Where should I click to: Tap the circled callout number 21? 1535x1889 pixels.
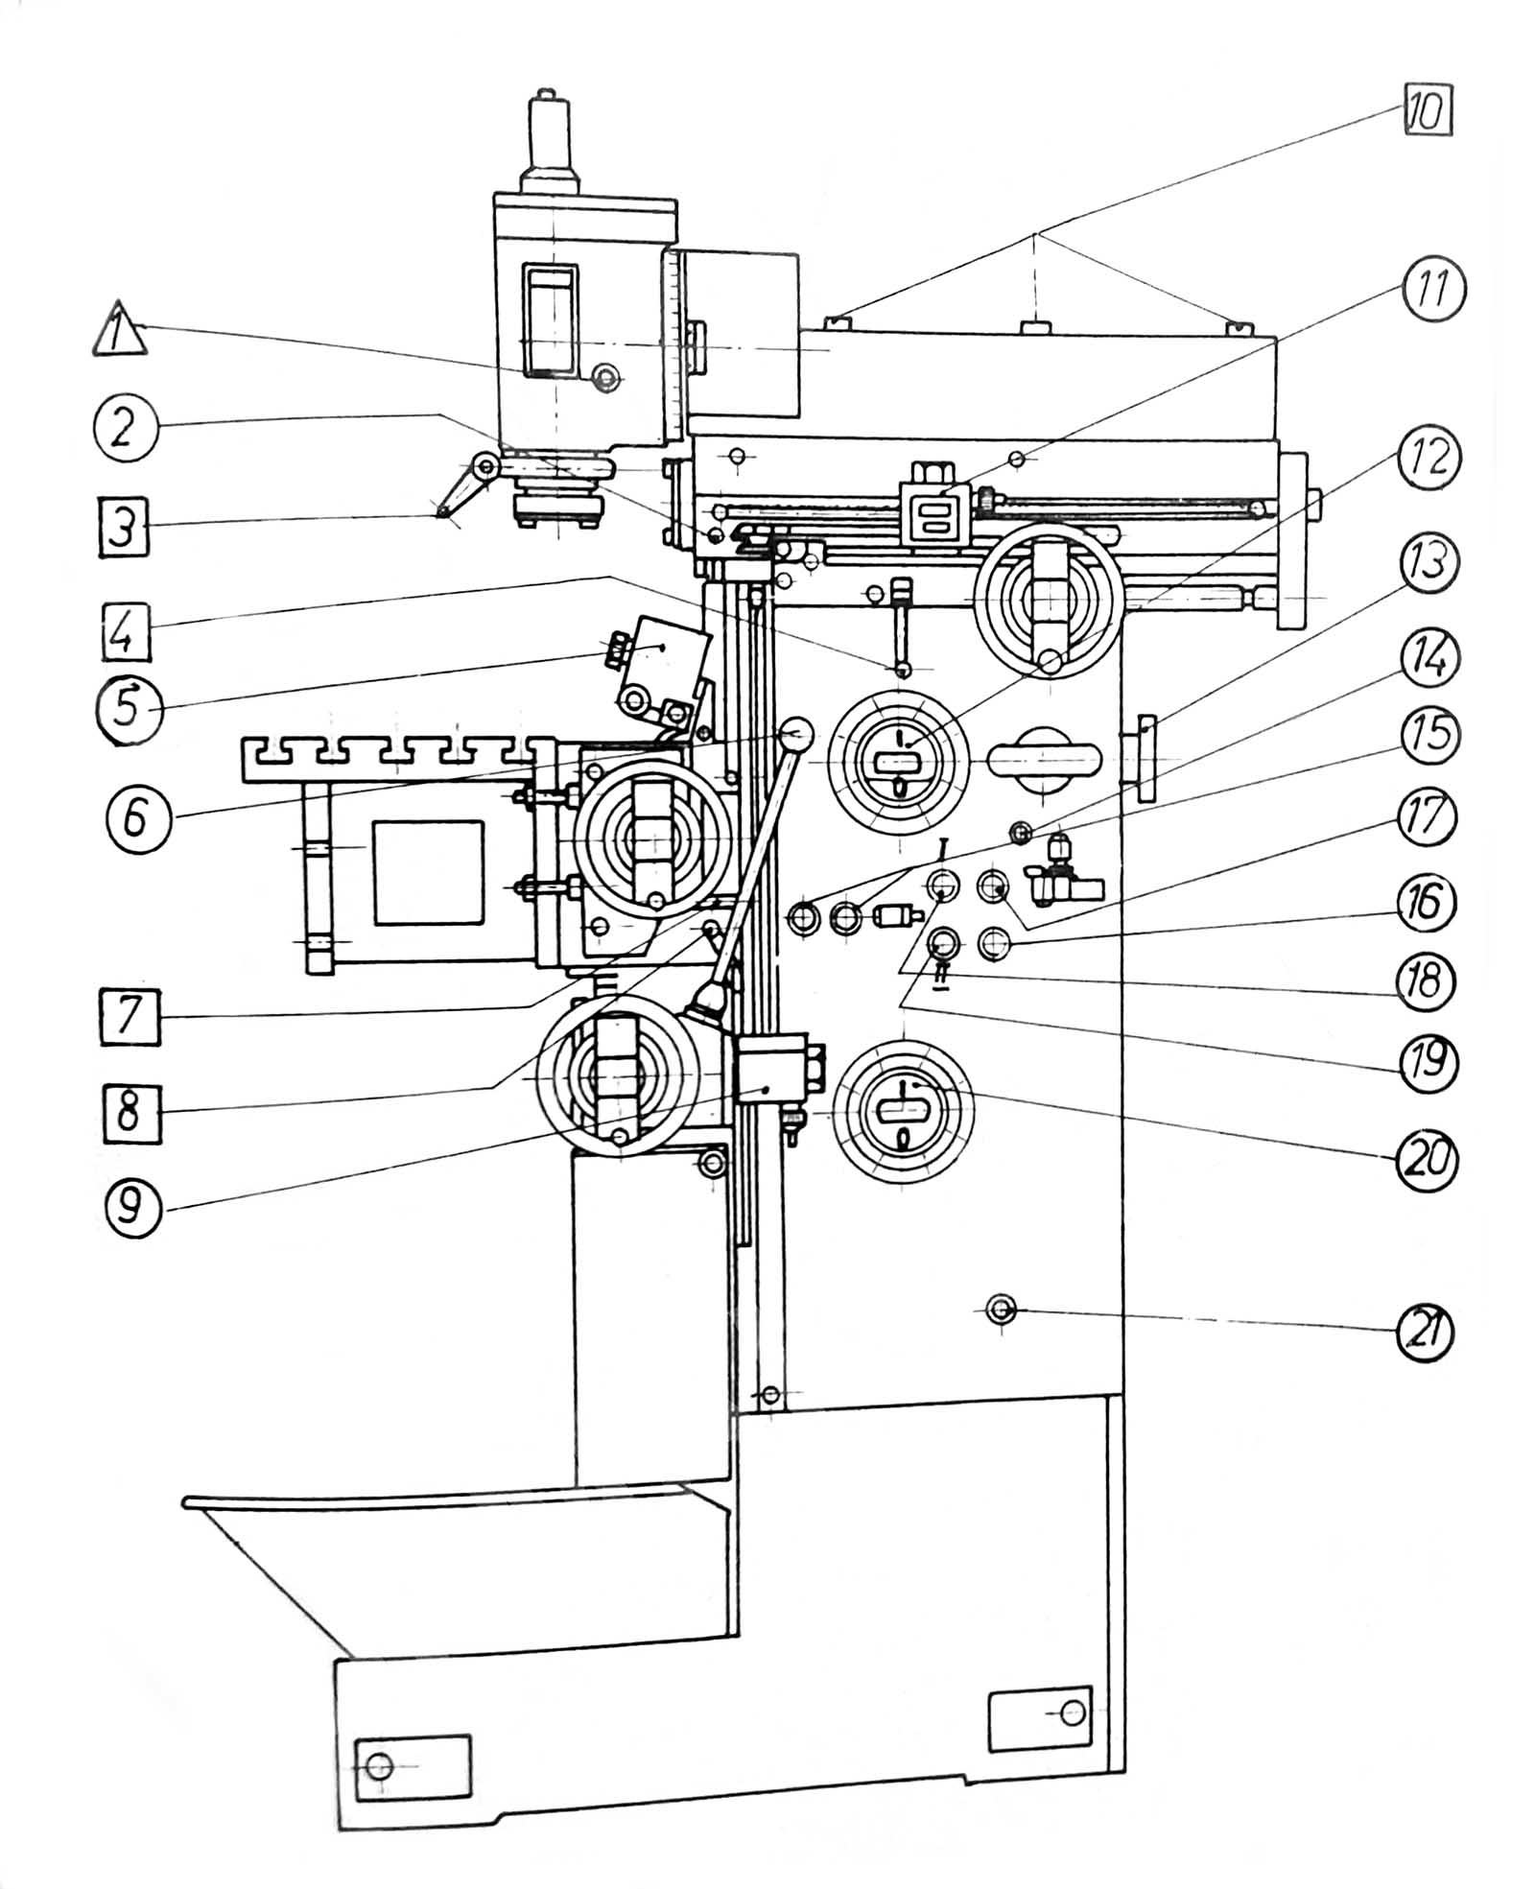tap(1425, 1334)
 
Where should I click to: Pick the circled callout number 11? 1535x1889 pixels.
tap(1431, 291)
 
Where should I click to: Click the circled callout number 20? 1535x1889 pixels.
tap(1425, 1159)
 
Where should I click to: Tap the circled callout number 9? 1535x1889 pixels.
tap(132, 1208)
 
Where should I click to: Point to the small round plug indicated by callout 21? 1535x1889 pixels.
tap(1001, 1309)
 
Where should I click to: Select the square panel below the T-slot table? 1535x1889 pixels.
tap(428, 872)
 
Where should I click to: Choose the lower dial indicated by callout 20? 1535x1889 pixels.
tap(903, 1114)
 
